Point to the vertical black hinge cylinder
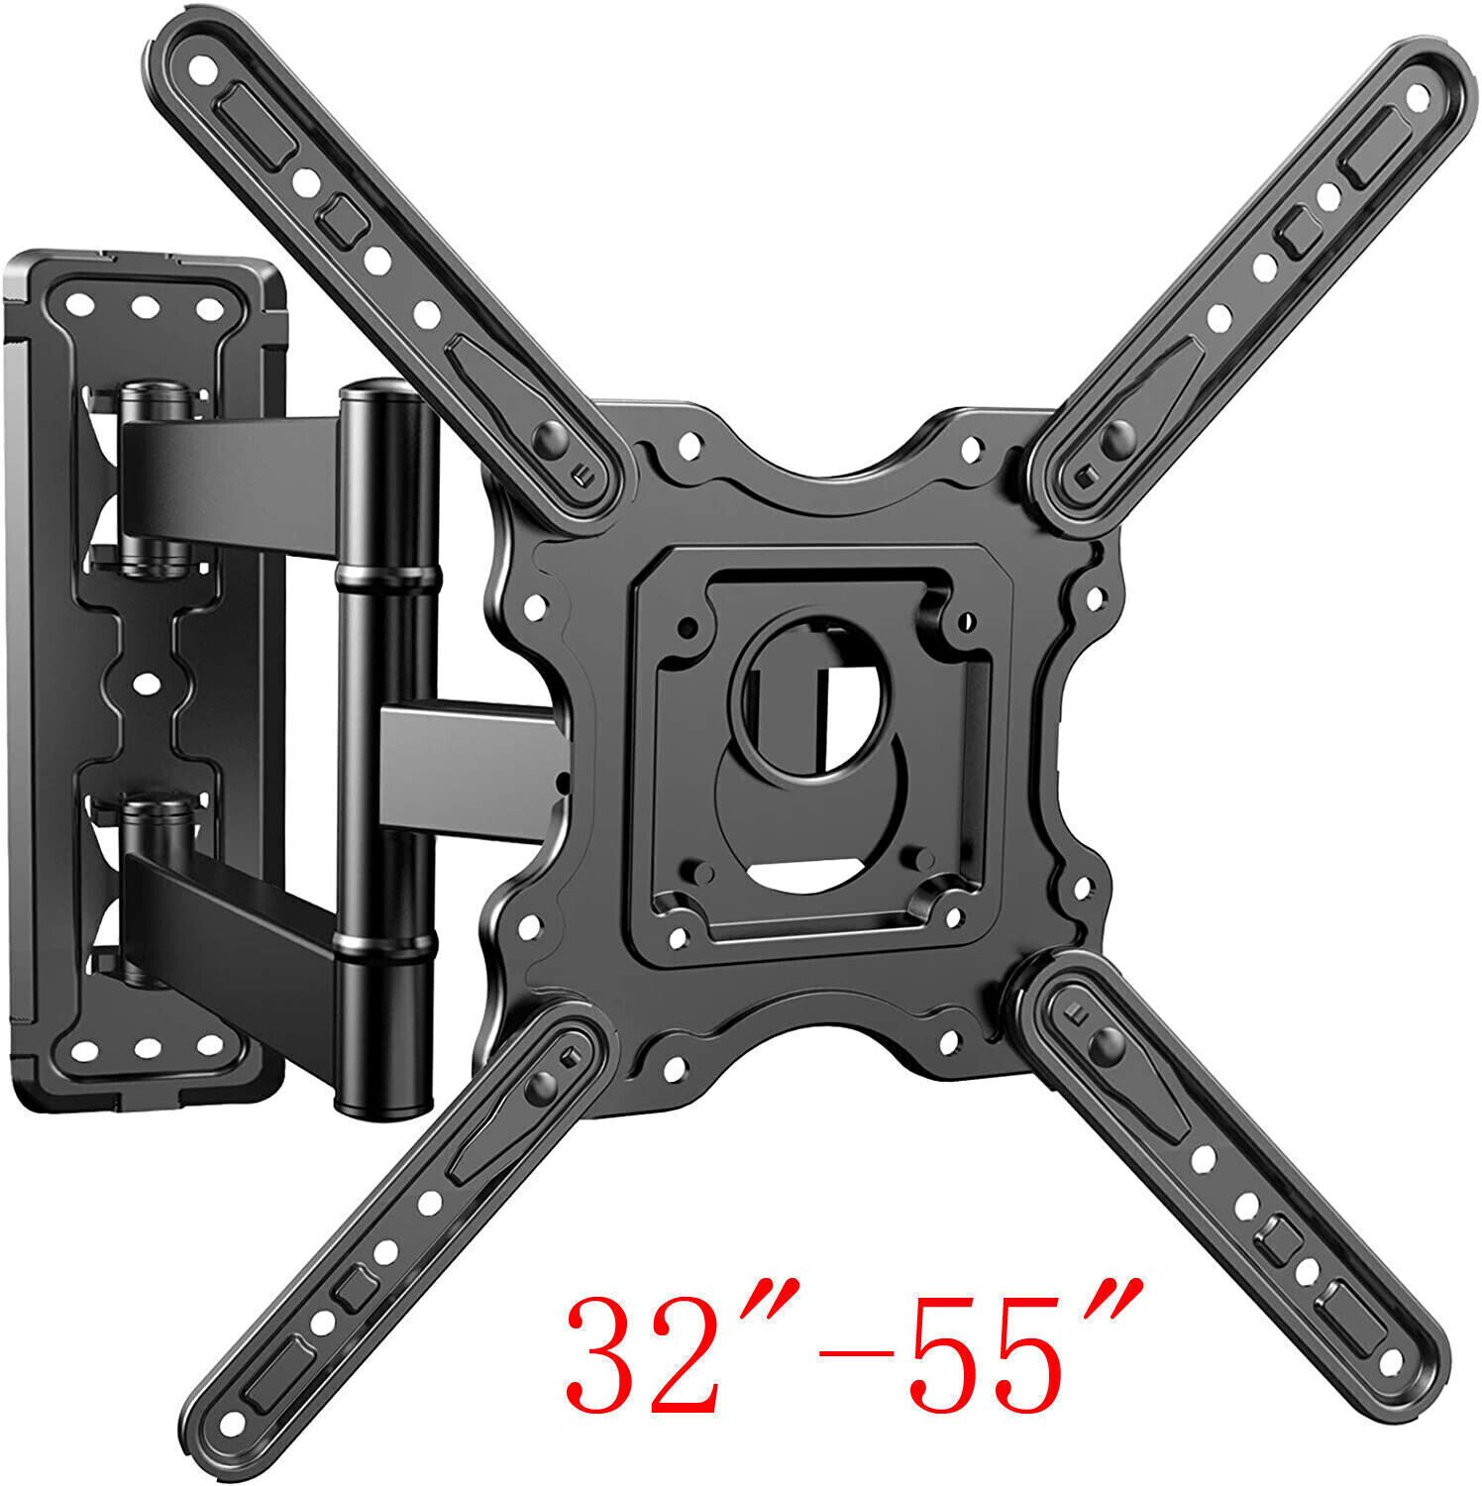tap(387, 753)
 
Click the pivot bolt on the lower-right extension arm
tap(1106, 1040)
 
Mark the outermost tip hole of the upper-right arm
tap(1418, 97)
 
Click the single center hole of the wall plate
tap(146, 683)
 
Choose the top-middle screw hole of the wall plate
tap(146, 308)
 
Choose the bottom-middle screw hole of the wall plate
tap(146, 1046)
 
